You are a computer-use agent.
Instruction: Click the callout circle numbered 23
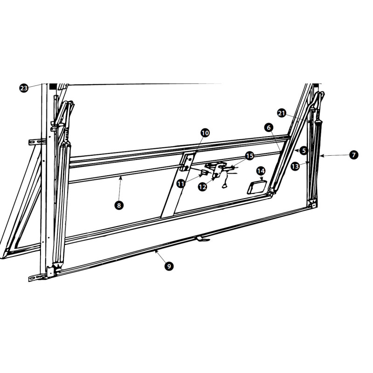(24, 88)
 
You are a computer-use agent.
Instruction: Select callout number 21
(281, 113)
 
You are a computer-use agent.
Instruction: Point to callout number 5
(304, 151)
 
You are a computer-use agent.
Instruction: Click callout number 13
(295, 166)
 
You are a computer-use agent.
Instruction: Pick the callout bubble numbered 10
(205, 133)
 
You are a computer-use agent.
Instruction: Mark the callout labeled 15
(249, 156)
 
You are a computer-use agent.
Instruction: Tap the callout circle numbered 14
(261, 171)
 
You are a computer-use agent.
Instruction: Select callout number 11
(180, 184)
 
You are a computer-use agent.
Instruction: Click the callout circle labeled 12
(202, 187)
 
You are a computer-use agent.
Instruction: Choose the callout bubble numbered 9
(169, 266)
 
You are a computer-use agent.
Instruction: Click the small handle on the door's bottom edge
(202, 239)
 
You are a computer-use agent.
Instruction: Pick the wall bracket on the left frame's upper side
(36, 141)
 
